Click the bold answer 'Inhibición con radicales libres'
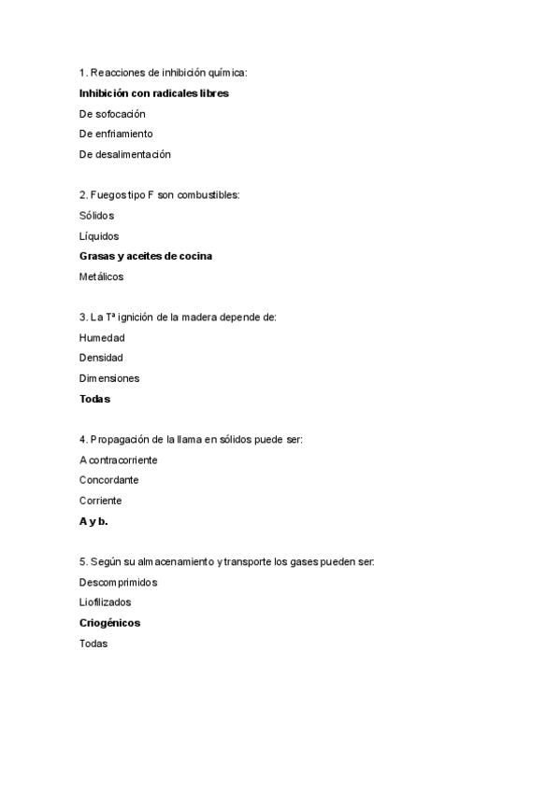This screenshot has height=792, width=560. click(154, 93)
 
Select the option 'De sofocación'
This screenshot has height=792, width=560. click(112, 114)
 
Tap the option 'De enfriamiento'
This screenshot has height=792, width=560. click(116, 134)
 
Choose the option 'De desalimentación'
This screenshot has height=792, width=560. click(125, 154)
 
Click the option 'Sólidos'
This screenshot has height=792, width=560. click(97, 216)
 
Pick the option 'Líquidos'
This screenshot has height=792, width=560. click(99, 236)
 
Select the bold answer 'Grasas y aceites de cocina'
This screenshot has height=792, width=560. click(146, 256)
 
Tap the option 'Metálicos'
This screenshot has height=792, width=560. click(101, 276)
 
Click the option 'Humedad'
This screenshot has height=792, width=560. click(102, 337)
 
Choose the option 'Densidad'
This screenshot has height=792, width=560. click(101, 358)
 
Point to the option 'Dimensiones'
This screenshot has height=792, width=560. click(109, 378)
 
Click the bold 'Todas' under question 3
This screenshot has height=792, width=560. click(94, 399)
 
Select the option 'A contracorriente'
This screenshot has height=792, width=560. click(119, 460)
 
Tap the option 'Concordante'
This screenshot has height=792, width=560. click(108, 480)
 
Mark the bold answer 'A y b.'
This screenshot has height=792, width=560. click(93, 521)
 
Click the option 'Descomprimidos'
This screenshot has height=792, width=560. click(118, 582)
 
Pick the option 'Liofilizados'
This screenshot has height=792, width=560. click(106, 602)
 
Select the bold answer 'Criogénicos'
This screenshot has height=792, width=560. click(110, 622)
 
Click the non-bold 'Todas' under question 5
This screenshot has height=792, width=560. click(93, 643)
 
